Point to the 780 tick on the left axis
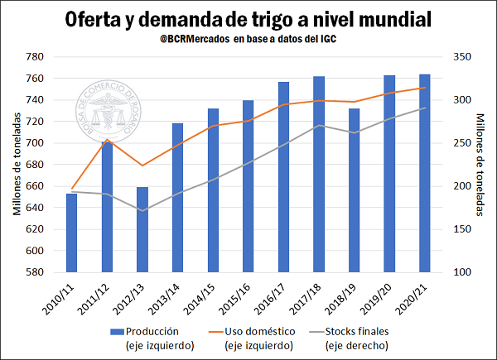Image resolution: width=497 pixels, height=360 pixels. click(34, 57)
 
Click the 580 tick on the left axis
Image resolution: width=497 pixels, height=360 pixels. click(34, 272)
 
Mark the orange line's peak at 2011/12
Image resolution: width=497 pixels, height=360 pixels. click(107, 140)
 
